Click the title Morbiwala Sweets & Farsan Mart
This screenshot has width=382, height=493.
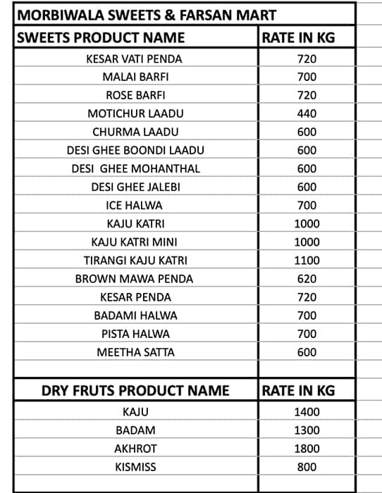pos(147,15)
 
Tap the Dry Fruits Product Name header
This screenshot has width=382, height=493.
pos(135,390)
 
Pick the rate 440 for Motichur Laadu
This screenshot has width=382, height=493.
pos(307,113)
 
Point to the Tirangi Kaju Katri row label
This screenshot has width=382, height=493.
pos(135,260)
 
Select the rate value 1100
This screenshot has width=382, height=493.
pos(307,260)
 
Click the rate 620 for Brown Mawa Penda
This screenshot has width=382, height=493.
pos(307,278)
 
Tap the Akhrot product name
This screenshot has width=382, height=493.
pos(135,449)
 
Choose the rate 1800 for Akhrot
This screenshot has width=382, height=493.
pos(307,449)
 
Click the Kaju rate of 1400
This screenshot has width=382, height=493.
pos(307,412)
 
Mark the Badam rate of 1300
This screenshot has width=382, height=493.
pos(307,430)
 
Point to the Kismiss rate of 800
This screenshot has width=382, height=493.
pos(307,467)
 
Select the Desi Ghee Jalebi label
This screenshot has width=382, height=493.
pos(135,187)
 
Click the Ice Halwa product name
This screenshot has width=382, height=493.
pos(135,205)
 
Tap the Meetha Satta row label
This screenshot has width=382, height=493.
pos(135,352)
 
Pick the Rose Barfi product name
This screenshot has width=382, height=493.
pos(135,95)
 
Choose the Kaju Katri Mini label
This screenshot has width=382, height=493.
pos(135,242)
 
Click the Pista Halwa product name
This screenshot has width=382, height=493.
pos(135,334)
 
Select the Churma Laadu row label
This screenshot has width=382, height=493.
pos(135,132)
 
